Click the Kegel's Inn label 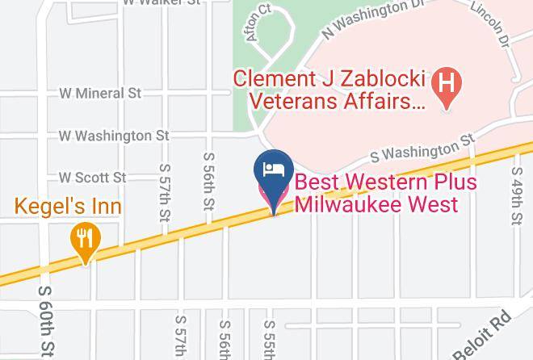pos(68,207)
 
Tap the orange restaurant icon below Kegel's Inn pos(84,239)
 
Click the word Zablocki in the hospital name pos(380,80)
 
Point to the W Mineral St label pos(99,94)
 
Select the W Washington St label pos(114,136)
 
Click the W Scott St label pos(91,177)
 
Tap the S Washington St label pos(422,150)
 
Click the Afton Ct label pos(258,23)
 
